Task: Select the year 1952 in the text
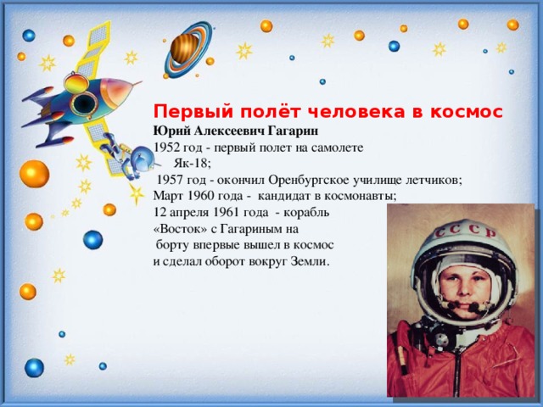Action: [x=166, y=148]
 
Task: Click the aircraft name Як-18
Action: [x=193, y=163]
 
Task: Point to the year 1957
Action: [x=170, y=180]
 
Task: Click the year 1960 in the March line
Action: [x=200, y=196]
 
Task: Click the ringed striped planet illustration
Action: [x=188, y=49]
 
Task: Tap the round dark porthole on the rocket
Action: [x=83, y=103]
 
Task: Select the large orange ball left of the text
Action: [x=34, y=174]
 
